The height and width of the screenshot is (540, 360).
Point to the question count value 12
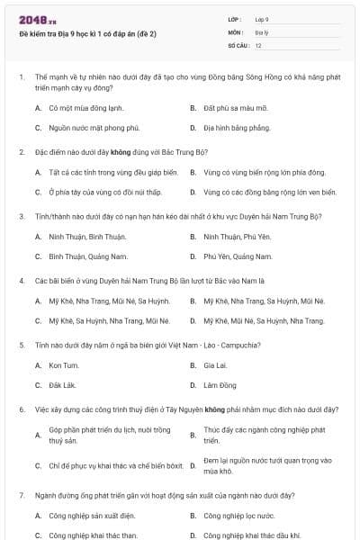coord(258,44)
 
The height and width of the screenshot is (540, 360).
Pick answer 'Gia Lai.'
coord(215,365)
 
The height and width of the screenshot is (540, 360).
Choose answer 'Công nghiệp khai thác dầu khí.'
coord(251,535)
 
